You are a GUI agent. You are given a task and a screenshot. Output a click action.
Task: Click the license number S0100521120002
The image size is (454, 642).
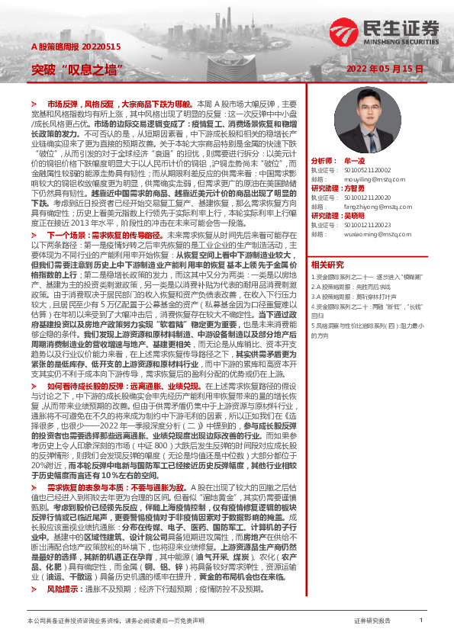(363, 172)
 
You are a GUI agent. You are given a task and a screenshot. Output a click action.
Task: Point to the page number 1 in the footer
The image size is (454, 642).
(420, 621)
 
